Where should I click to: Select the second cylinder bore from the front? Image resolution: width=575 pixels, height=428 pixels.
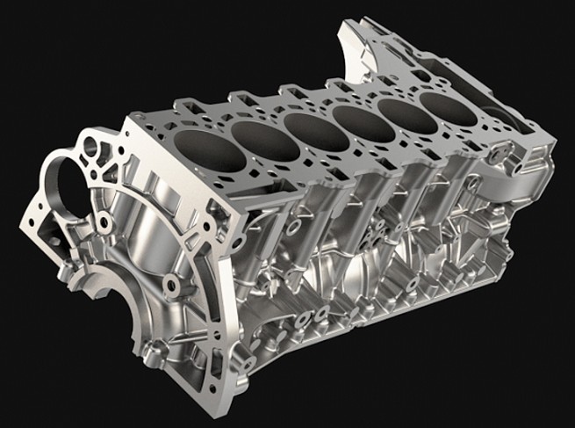click(x=264, y=139)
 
